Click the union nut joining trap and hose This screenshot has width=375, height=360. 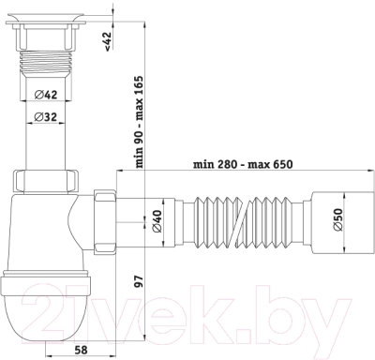coord(106,223)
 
